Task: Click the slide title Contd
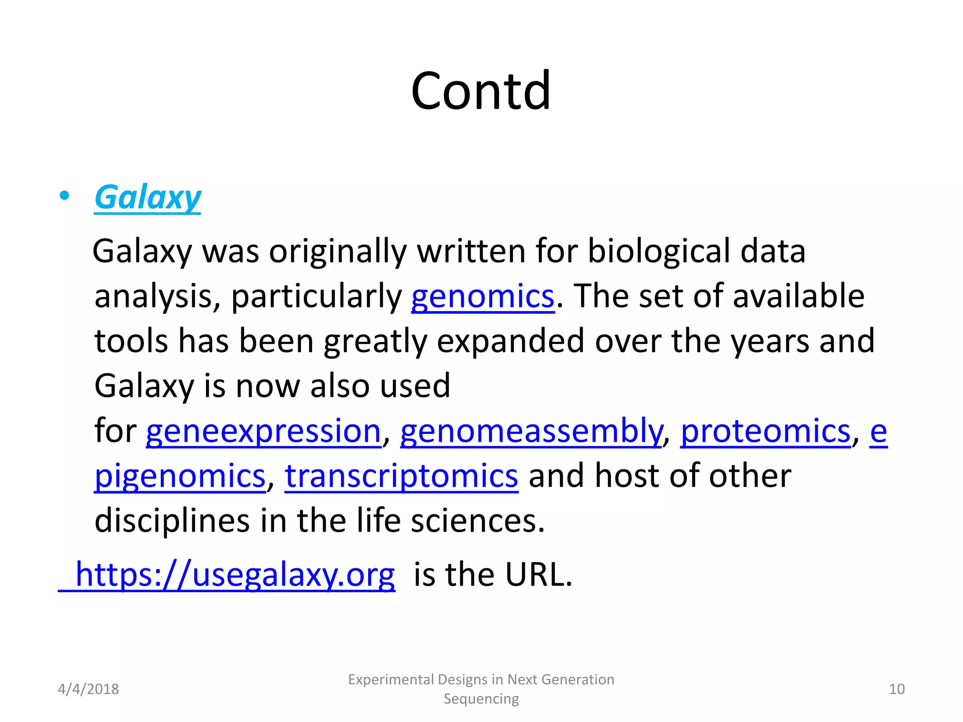point(481,90)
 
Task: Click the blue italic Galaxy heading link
point(148,197)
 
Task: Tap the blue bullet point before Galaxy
point(64,196)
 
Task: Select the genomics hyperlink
point(482,297)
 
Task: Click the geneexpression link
point(263,431)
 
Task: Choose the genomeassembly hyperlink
point(530,431)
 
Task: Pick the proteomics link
point(766,431)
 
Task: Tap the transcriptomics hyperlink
point(401,476)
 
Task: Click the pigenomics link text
point(180,476)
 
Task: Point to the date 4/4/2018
point(88,689)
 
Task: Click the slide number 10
point(897,689)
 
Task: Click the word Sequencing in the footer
point(481,699)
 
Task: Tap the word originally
point(337,251)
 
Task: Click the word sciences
point(477,521)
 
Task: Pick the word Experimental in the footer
point(391,680)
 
